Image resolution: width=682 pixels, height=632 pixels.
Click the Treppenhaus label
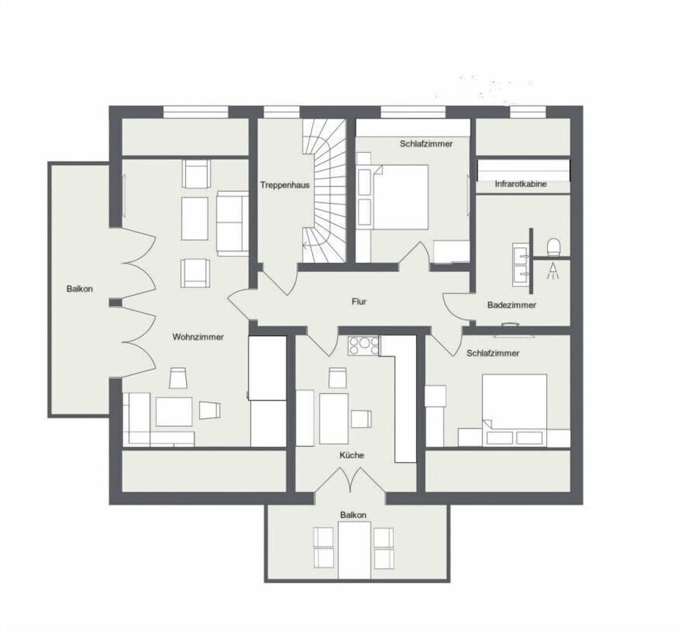click(x=285, y=185)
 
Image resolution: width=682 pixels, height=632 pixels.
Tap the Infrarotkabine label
click(x=521, y=185)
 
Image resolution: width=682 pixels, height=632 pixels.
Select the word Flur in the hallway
click(x=359, y=301)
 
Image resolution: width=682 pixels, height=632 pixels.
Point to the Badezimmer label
click(x=511, y=305)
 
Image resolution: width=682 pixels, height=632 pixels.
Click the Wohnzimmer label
click(x=197, y=337)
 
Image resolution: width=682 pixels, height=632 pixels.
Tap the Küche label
click(x=352, y=455)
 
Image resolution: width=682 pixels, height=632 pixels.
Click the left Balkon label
click(x=80, y=289)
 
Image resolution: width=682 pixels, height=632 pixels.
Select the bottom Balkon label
click(x=353, y=515)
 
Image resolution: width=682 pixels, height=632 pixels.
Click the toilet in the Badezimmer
click(x=554, y=247)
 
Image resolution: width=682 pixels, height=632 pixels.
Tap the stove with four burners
click(x=363, y=346)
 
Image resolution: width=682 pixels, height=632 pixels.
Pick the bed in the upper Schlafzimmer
click(x=400, y=196)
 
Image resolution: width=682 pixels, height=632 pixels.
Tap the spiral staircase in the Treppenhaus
click(x=324, y=188)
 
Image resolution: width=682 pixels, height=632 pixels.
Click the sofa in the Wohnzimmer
click(x=232, y=223)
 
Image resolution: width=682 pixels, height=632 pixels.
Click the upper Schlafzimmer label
click(x=426, y=144)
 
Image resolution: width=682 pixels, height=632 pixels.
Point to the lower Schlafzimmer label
click(x=493, y=353)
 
